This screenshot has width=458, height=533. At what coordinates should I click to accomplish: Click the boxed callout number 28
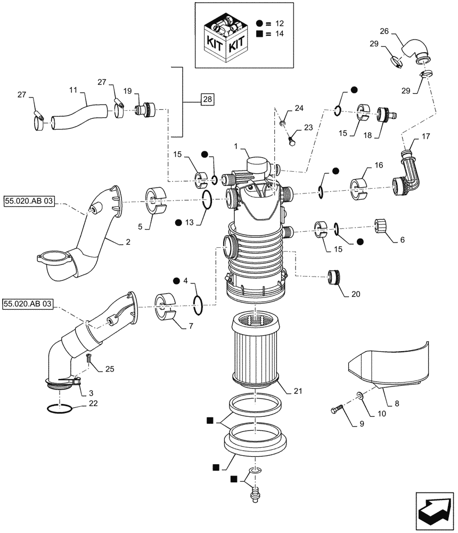pos(206,100)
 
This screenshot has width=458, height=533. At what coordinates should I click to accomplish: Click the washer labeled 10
pos(360,396)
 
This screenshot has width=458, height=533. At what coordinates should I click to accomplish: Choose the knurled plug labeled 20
pos(335,278)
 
